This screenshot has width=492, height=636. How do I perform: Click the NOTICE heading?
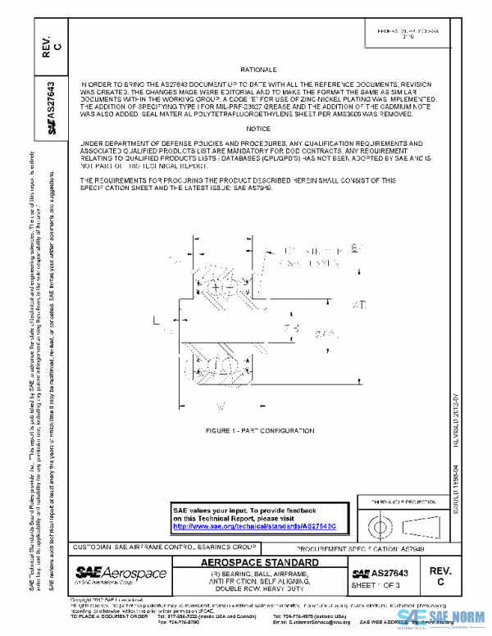point(257,129)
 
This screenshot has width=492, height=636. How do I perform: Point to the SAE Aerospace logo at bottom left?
point(121,574)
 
